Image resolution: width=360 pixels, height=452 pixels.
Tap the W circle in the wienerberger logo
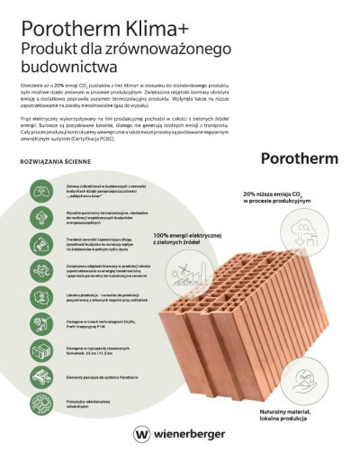point(140,432)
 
